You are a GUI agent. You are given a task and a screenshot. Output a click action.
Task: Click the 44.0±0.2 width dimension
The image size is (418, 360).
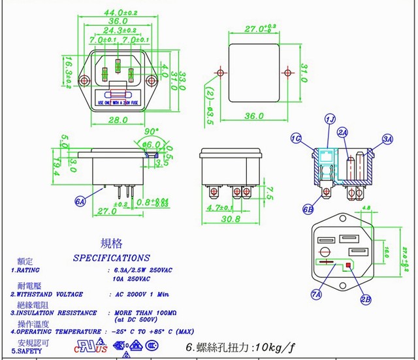tap(119, 12)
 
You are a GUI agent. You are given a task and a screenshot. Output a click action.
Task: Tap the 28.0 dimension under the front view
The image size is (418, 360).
tap(118, 120)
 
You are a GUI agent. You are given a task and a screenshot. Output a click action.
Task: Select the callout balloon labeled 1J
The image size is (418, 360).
tap(330, 119)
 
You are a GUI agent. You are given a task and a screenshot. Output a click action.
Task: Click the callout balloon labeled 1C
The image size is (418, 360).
tap(297, 139)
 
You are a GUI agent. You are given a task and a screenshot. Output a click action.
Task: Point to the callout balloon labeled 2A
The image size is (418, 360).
tap(342, 132)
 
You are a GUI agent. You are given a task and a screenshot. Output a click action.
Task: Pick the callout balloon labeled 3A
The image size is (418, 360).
tap(388, 139)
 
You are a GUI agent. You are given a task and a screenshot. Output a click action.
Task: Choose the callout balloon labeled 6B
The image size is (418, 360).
tap(308, 209)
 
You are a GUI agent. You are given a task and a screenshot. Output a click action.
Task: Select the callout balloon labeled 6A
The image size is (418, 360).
tap(81, 202)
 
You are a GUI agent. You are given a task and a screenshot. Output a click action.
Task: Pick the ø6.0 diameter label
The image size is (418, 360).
tap(151, 144)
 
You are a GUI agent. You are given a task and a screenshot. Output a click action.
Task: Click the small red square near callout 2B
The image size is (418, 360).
tap(349, 265)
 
